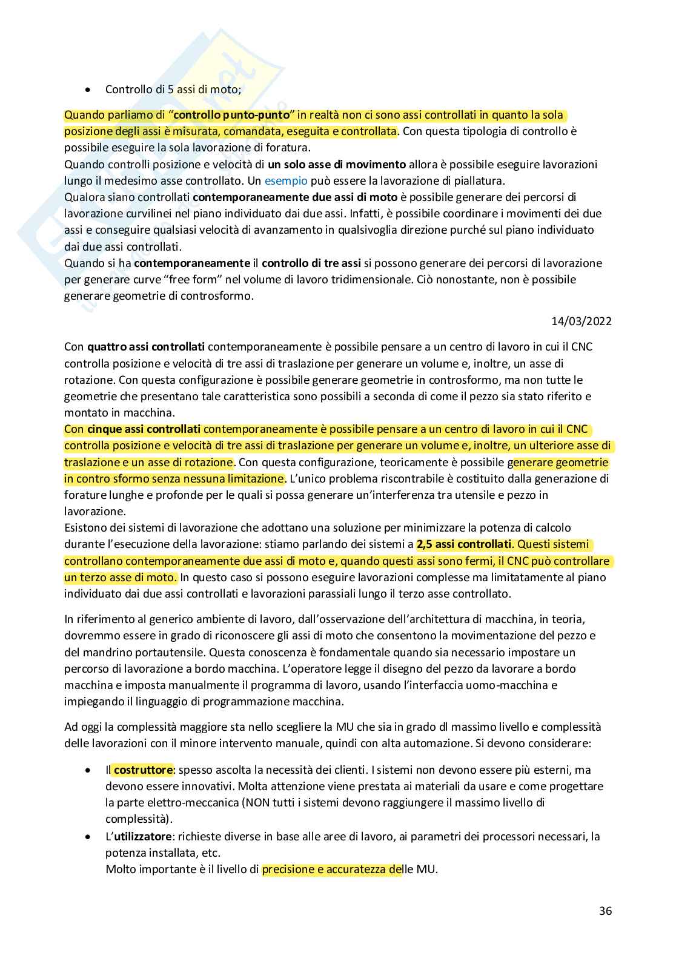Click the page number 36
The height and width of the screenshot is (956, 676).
(605, 911)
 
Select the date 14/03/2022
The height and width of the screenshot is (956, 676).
(581, 321)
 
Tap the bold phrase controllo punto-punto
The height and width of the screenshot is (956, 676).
(232, 115)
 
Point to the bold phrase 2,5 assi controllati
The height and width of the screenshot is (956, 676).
(464, 544)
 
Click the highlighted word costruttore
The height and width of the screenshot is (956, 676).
(144, 770)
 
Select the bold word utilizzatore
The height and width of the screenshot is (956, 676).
(144, 837)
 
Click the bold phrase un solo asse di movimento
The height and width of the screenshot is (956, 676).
(337, 164)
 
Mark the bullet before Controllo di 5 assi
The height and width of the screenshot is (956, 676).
(89, 90)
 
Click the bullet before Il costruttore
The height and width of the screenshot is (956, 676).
(89, 771)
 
